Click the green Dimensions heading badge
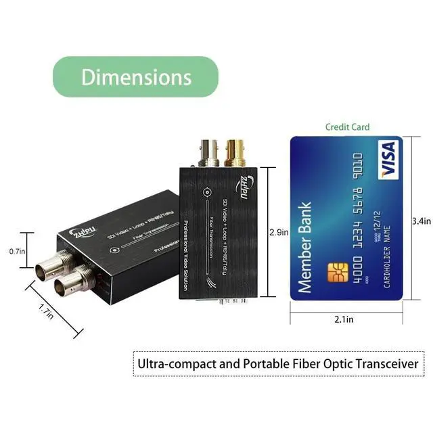tap(136, 76)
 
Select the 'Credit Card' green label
tap(348, 127)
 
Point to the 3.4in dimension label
tap(421, 220)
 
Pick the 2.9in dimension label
tap(279, 232)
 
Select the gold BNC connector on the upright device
tap(234, 153)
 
